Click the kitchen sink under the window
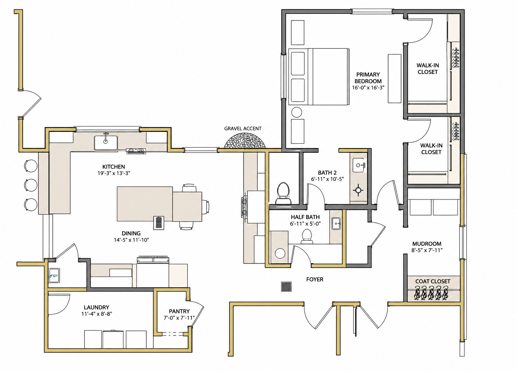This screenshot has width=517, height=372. pyautogui.click(x=106, y=143)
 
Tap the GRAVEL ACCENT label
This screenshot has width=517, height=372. pyautogui.click(x=243, y=128)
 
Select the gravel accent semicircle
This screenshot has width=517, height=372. pyautogui.click(x=245, y=141)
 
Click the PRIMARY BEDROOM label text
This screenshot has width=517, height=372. pyautogui.click(x=368, y=78)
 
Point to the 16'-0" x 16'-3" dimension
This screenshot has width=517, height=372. pyautogui.click(x=368, y=88)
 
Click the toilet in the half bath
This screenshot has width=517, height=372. pyautogui.click(x=307, y=236)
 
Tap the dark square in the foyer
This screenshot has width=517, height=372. pyautogui.click(x=286, y=286)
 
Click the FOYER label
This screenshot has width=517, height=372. pyautogui.click(x=315, y=279)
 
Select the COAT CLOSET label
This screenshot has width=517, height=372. pyautogui.click(x=433, y=281)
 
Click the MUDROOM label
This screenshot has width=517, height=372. pyautogui.click(x=427, y=244)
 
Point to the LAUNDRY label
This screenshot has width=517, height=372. pyautogui.click(x=96, y=307)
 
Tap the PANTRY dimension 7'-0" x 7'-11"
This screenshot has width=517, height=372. pyautogui.click(x=179, y=318)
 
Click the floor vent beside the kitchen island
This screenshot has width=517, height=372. pyautogui.click(x=159, y=223)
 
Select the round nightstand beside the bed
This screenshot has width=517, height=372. pyautogui.click(x=297, y=112)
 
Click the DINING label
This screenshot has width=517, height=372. pyautogui.click(x=131, y=233)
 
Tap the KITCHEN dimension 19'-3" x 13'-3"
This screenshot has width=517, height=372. pyautogui.click(x=114, y=173)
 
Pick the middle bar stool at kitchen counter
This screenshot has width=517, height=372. pyautogui.click(x=31, y=185)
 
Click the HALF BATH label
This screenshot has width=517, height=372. pyautogui.click(x=305, y=217)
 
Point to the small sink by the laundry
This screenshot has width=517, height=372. pyautogui.click(x=54, y=275)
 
